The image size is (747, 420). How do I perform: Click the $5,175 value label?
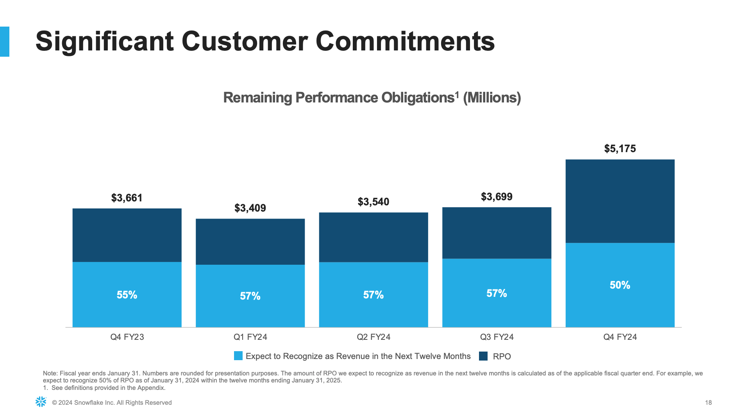click(x=620, y=149)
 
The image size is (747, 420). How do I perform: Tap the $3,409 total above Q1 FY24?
click(x=250, y=208)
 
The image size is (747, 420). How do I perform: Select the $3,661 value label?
click(x=127, y=198)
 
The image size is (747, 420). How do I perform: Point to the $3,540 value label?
click(x=373, y=202)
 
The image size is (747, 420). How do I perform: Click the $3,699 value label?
click(x=496, y=197)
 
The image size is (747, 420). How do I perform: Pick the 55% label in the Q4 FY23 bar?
click(x=127, y=295)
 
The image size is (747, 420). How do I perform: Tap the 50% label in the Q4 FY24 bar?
click(x=620, y=285)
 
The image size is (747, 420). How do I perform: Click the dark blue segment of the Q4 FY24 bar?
click(x=620, y=201)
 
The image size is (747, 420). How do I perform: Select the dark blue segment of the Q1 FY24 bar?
click(x=250, y=242)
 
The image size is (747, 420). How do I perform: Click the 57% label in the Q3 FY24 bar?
click(x=496, y=293)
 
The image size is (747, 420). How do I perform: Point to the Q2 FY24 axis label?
click(x=373, y=337)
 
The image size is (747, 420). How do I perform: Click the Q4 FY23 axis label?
click(x=127, y=337)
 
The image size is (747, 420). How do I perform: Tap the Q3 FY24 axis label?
click(x=497, y=337)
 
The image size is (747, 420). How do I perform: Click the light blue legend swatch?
click(x=238, y=356)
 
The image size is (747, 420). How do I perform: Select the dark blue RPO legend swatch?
click(x=483, y=356)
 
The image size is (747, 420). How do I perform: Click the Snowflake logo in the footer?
click(x=41, y=402)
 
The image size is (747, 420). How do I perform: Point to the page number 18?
click(x=708, y=402)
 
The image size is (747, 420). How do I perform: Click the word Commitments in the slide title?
click(x=405, y=41)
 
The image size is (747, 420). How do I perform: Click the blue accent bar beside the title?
click(x=5, y=41)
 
